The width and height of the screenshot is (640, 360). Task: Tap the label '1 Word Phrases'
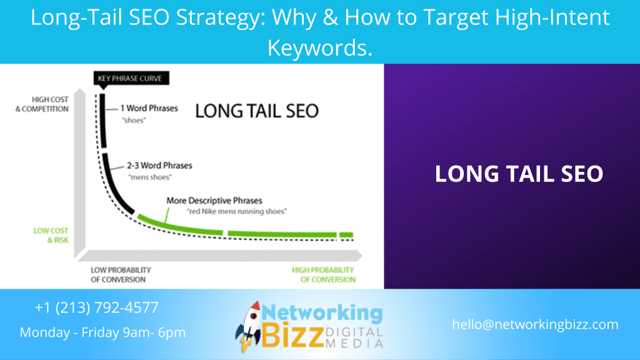(149, 108)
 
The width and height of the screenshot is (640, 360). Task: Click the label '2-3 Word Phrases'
(160, 166)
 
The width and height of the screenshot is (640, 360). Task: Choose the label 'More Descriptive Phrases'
(214, 201)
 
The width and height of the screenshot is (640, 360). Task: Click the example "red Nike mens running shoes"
(237, 212)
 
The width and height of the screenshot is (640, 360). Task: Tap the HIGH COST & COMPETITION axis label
(50, 104)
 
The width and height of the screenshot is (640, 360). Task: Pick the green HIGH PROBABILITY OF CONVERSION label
(322, 274)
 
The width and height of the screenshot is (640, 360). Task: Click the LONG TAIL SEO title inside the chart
(257, 111)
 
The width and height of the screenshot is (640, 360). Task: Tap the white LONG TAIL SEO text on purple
(519, 174)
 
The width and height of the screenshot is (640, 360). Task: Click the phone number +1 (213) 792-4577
(97, 308)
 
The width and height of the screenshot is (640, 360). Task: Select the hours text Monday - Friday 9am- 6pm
(102, 332)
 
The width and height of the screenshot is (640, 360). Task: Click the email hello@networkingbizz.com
(535, 324)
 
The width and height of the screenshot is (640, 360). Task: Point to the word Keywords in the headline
(319, 47)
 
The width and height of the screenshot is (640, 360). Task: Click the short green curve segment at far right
(346, 235)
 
